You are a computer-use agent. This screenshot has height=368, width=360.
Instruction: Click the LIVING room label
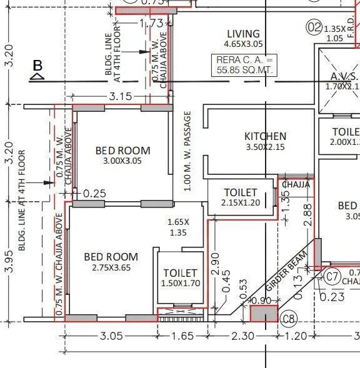pos(243,34)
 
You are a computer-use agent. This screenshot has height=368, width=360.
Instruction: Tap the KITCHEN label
pos(265,136)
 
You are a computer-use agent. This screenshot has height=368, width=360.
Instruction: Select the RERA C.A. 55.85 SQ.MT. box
pos(244,64)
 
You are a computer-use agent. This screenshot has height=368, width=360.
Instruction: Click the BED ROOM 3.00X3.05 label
pos(122,151)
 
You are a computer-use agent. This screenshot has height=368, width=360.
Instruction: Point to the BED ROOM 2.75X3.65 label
pos(111,257)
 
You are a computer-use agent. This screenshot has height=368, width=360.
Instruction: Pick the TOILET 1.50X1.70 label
pos(180,273)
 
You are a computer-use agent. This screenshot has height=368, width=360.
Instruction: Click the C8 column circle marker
pos(288,319)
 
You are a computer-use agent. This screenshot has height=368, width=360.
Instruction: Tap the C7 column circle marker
pos(332,276)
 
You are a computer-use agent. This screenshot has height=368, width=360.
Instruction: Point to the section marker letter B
pos(37,66)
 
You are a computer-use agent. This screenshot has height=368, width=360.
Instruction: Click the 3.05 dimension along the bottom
pos(111,336)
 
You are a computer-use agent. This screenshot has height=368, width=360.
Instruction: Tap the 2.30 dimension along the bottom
pos(242,336)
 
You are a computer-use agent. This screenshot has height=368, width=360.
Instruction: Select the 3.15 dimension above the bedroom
pos(120,96)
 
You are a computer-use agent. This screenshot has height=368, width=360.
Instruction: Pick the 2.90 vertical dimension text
pos(214,263)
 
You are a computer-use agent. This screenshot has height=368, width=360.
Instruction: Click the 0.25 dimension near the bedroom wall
pos(94,194)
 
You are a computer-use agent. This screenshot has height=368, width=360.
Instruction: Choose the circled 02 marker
pos(313,27)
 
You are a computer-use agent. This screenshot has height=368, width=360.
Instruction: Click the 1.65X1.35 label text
pos(178,227)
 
